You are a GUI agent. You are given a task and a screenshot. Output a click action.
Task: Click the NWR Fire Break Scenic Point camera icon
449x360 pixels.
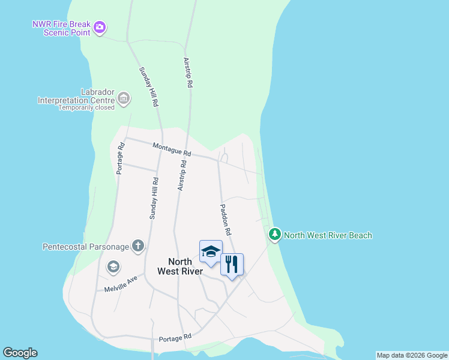100,27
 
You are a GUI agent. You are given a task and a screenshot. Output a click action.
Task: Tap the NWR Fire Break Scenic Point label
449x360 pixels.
61,28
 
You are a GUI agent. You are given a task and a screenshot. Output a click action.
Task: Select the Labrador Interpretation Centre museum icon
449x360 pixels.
124,98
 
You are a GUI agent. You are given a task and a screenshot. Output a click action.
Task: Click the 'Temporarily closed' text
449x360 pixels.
86,108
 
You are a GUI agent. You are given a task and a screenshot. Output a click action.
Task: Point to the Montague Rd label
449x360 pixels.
171,149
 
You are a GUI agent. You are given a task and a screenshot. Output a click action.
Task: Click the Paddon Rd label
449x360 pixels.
225,218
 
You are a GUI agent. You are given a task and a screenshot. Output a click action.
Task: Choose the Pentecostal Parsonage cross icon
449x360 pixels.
138,245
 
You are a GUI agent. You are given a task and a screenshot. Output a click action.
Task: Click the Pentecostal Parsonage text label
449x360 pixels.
86,247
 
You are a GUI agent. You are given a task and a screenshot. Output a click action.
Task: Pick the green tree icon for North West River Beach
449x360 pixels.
275,235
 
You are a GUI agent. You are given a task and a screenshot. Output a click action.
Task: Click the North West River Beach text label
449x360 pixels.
328,236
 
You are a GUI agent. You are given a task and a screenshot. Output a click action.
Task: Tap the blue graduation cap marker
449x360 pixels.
211,252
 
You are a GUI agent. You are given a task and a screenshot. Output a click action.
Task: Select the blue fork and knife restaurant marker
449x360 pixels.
232,265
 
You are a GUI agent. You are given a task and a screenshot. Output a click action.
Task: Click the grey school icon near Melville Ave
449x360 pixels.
113,267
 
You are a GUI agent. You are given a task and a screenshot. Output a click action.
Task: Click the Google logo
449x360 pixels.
20,353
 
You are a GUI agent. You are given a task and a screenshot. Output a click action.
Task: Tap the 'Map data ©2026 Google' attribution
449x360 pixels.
412,355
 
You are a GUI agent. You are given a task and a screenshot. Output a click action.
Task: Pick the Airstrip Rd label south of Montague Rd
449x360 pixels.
181,175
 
